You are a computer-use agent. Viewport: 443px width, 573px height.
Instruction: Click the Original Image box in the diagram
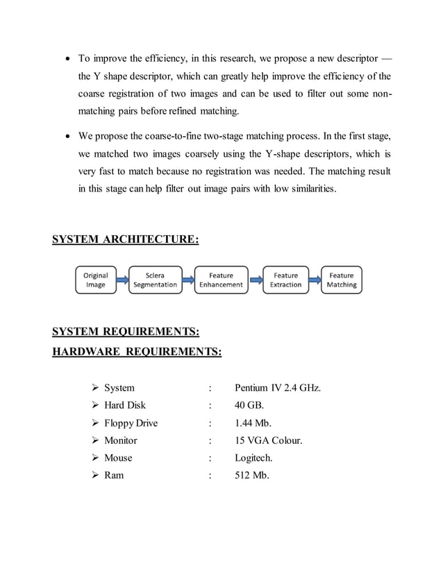[x=96, y=280]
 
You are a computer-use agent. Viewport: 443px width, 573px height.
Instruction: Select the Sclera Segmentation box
[x=155, y=280]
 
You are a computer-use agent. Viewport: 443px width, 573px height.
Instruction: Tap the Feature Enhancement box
[x=221, y=280]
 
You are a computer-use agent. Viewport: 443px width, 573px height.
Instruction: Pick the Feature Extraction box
[x=285, y=280]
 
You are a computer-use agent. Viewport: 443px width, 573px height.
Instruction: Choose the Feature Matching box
[x=341, y=280]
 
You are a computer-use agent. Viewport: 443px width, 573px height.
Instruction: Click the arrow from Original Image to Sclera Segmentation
[x=122, y=280]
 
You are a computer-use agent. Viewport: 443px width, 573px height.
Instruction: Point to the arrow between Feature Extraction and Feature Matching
[x=314, y=280]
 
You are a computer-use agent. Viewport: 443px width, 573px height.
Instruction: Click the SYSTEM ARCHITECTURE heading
[x=126, y=241]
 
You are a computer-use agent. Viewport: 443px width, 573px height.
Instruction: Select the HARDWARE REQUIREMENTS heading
[x=137, y=352]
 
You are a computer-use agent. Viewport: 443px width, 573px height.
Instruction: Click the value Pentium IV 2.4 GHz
[x=278, y=388]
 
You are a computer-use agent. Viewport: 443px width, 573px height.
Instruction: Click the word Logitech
[x=253, y=458]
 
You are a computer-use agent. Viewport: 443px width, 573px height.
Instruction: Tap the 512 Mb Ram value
[x=252, y=475]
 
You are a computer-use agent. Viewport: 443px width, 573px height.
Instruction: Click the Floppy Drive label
[x=131, y=423]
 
